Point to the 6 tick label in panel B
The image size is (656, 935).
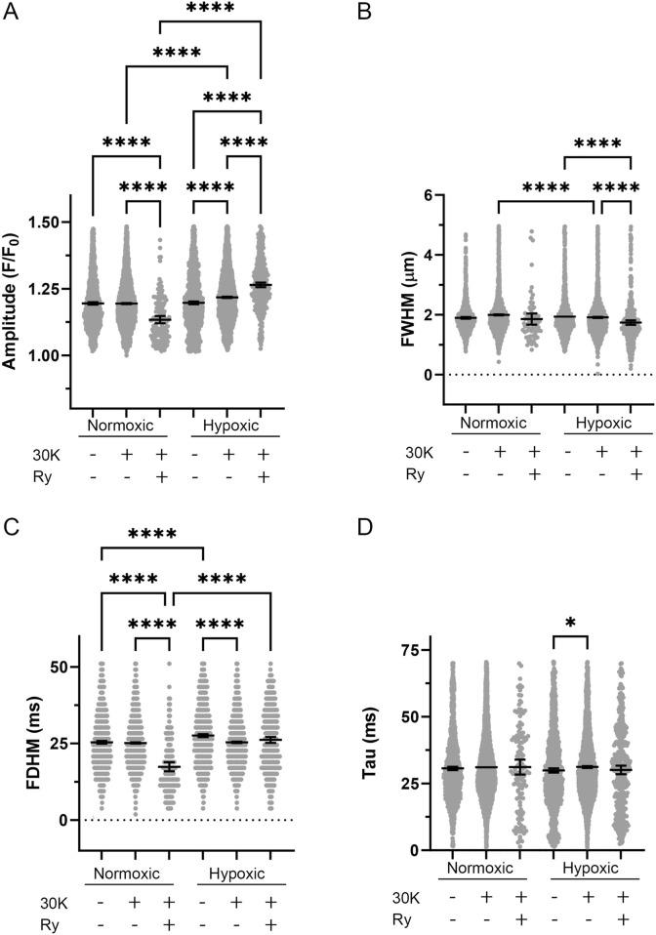point(427,195)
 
